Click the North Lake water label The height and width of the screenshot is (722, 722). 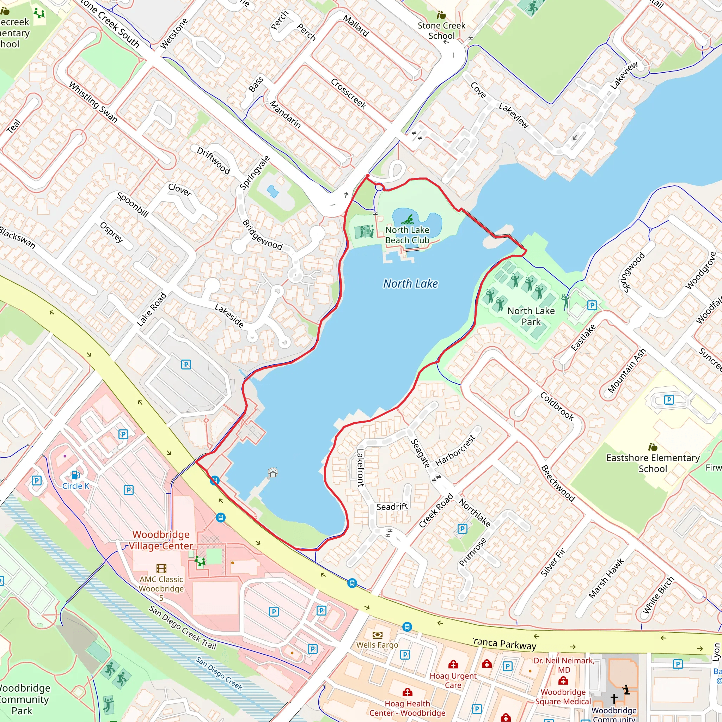coord(410,284)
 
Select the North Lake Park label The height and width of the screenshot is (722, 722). coord(531,316)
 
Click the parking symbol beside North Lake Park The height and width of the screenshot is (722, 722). coord(592,305)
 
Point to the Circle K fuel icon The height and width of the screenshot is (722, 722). coord(75,475)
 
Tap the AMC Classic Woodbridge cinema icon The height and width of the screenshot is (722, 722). coord(161,568)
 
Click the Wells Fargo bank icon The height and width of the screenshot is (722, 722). coord(378,635)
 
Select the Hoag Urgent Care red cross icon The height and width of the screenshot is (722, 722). coord(453,664)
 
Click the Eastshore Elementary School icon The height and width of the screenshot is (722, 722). coord(653,447)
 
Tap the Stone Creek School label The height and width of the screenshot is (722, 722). coord(441,31)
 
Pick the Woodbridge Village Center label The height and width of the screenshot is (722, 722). coord(161,540)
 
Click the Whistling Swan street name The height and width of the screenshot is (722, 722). coord(93,102)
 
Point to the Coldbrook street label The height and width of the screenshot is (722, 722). coord(557,406)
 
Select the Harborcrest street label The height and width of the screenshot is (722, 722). coord(455,450)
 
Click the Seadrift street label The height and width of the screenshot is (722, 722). coord(392,507)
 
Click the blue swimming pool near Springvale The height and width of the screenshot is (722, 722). coord(273,191)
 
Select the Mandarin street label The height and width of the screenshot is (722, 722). coord(286,114)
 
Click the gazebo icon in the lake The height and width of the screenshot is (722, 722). coord(273,472)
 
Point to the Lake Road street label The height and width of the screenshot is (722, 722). coord(151,310)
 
